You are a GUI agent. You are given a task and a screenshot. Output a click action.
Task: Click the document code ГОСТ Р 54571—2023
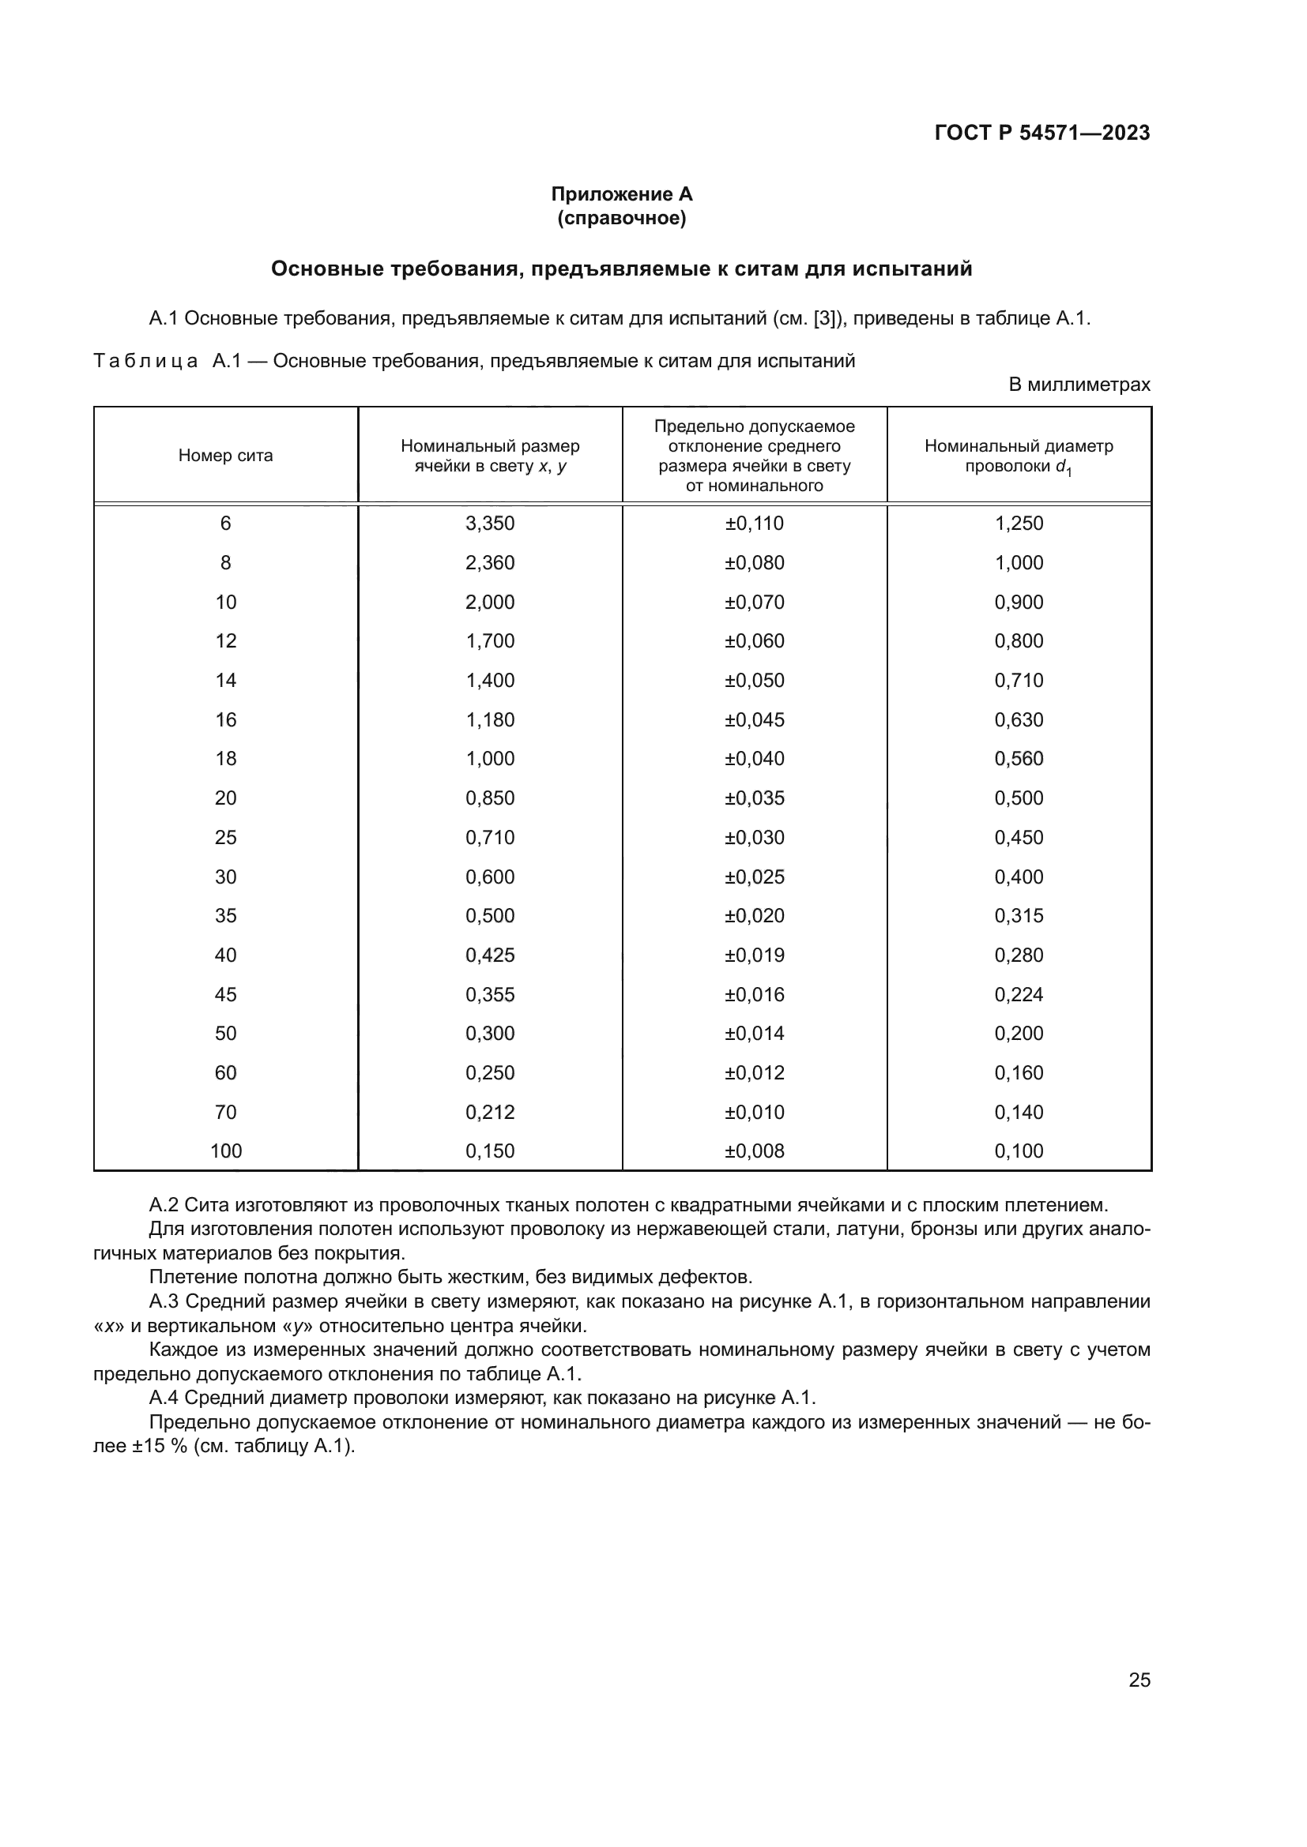click(1041, 133)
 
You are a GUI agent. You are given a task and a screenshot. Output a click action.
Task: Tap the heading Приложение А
click(621, 194)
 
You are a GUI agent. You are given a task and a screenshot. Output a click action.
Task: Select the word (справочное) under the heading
click(621, 218)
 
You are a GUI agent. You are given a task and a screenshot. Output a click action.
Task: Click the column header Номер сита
click(225, 456)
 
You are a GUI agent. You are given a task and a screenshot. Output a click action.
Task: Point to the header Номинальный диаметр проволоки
click(1018, 456)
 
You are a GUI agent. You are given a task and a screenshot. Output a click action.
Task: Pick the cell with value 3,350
click(489, 524)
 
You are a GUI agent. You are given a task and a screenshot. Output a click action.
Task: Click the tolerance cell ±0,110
click(754, 524)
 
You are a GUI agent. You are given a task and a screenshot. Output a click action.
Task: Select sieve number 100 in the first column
click(225, 1151)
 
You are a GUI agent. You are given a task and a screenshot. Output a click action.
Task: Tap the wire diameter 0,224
click(1018, 994)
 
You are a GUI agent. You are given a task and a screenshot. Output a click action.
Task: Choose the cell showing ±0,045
click(754, 720)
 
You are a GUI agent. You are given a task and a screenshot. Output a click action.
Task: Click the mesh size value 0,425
click(489, 955)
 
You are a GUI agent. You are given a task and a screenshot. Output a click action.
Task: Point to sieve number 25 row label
click(225, 837)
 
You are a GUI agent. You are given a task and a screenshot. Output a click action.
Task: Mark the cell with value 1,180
click(489, 720)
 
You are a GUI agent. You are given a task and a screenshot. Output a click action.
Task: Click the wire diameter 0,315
click(1018, 915)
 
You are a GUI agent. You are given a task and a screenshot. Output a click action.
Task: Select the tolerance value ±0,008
click(754, 1151)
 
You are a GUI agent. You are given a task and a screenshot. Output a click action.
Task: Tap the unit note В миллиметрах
click(1079, 385)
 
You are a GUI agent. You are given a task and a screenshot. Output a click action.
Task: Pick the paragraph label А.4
click(164, 1398)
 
